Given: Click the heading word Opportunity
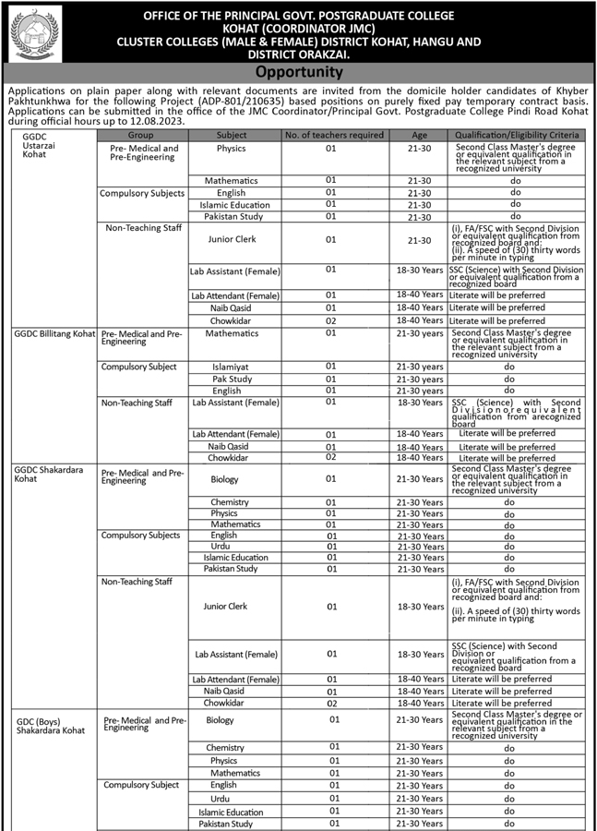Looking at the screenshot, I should click(x=298, y=72).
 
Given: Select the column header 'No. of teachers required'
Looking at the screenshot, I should click(x=333, y=135).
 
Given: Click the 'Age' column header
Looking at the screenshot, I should click(x=420, y=135).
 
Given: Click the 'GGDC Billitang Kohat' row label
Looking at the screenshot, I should click(x=54, y=333).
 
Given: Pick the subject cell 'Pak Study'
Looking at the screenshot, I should click(x=232, y=379).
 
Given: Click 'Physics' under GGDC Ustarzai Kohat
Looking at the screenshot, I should click(x=232, y=149).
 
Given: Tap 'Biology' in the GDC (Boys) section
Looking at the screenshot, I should click(x=221, y=720).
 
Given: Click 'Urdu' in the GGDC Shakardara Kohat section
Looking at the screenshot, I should click(x=221, y=547).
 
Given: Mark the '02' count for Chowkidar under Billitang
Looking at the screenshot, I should click(x=330, y=457).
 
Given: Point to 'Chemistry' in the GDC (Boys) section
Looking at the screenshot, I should click(x=225, y=748).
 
